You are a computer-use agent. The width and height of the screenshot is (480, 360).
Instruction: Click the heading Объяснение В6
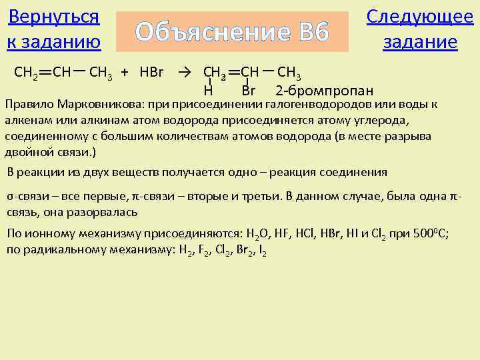[x=232, y=31]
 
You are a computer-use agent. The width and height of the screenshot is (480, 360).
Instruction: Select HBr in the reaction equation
[x=152, y=71]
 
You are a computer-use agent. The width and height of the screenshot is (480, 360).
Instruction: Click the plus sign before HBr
[x=125, y=71]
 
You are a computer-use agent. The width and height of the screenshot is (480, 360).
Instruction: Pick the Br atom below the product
[x=249, y=91]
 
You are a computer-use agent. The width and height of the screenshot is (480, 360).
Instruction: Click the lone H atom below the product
[x=208, y=91]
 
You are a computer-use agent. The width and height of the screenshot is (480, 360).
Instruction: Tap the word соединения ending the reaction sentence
[x=354, y=172]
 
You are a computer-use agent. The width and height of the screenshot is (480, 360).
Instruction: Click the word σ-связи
[x=26, y=198]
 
